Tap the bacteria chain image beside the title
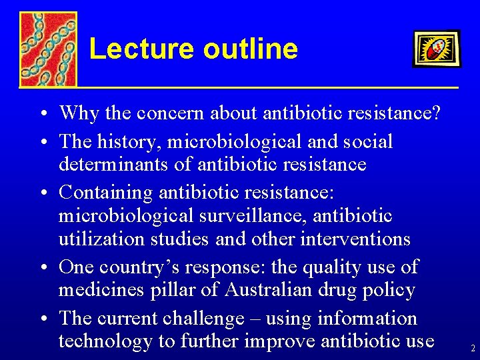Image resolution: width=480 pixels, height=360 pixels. pos(47,49)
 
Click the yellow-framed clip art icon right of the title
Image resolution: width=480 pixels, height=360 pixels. pos(436,49)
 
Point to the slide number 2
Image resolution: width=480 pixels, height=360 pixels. pos(473,348)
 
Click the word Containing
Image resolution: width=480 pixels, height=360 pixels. pos(106,193)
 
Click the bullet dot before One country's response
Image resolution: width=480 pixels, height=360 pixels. pos(42,268)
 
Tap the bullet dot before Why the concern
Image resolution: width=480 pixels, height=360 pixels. pos(42,114)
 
